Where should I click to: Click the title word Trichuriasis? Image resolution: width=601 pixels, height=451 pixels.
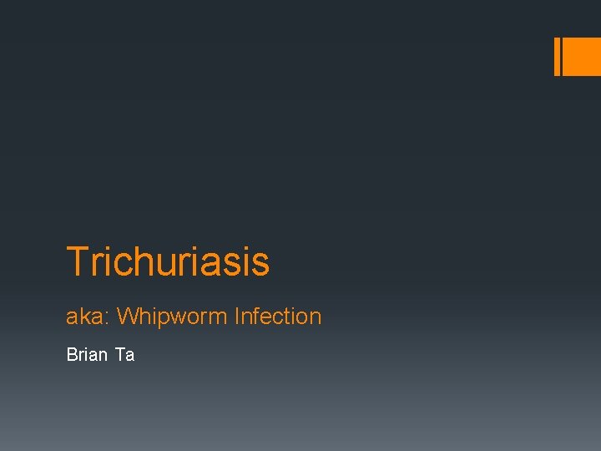pyautogui.click(x=168, y=261)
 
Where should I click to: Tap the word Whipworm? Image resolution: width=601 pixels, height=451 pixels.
pyautogui.click(x=173, y=317)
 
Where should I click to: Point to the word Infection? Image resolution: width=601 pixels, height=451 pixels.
pyautogui.click(x=278, y=317)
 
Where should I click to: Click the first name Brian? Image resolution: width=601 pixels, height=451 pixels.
pyautogui.click(x=87, y=355)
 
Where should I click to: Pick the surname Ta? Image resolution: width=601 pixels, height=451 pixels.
pyautogui.click(x=124, y=355)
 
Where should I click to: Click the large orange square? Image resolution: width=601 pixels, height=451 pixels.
pyautogui.click(x=583, y=57)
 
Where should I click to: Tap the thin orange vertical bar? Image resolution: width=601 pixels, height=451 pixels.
pyautogui.click(x=558, y=57)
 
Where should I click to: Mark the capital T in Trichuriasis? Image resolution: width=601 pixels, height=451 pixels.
pyautogui.click(x=77, y=261)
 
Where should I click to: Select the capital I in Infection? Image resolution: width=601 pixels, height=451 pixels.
pyautogui.click(x=238, y=317)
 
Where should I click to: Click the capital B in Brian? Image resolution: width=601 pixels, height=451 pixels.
pyautogui.click(x=71, y=355)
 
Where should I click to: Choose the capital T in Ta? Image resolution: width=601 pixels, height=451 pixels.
pyautogui.click(x=120, y=355)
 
